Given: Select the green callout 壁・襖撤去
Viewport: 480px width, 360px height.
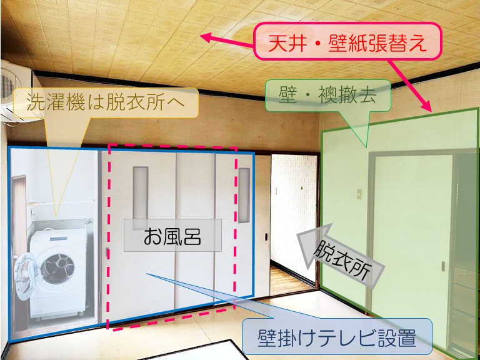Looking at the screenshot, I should coord(328,95).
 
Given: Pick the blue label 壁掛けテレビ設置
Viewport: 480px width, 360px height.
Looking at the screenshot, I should coord(337,339).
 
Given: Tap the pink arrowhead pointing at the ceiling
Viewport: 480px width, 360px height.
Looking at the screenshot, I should coord(206,37).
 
